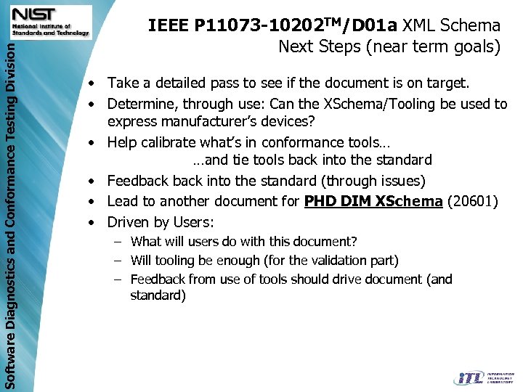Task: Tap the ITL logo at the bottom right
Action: tap(483, 377)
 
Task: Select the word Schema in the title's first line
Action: tap(474, 27)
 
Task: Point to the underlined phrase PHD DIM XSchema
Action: tap(373, 201)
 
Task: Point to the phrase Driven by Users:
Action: tap(161, 221)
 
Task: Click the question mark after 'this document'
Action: tap(354, 242)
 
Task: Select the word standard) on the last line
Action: tap(158, 295)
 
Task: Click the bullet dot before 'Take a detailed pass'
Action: tap(94, 83)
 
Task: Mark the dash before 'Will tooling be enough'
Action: tap(116, 260)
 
